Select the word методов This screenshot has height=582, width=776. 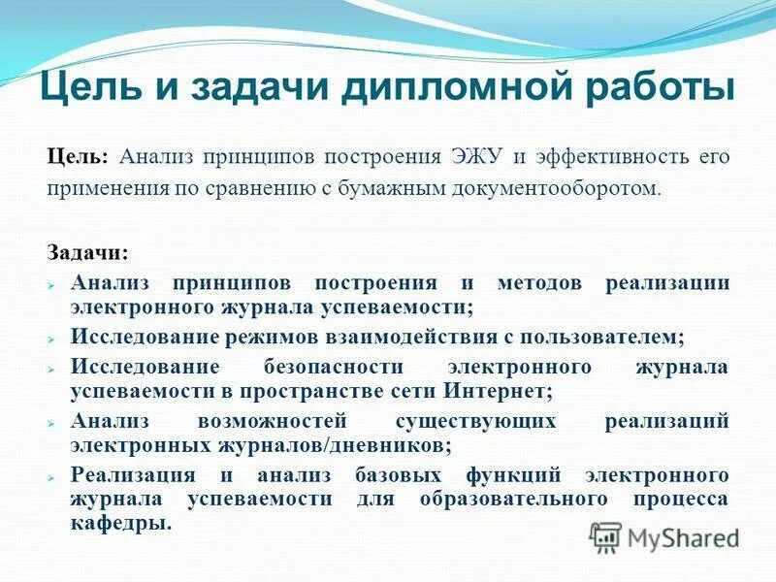click(538, 283)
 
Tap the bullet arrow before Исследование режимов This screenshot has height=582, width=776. click(54, 339)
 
